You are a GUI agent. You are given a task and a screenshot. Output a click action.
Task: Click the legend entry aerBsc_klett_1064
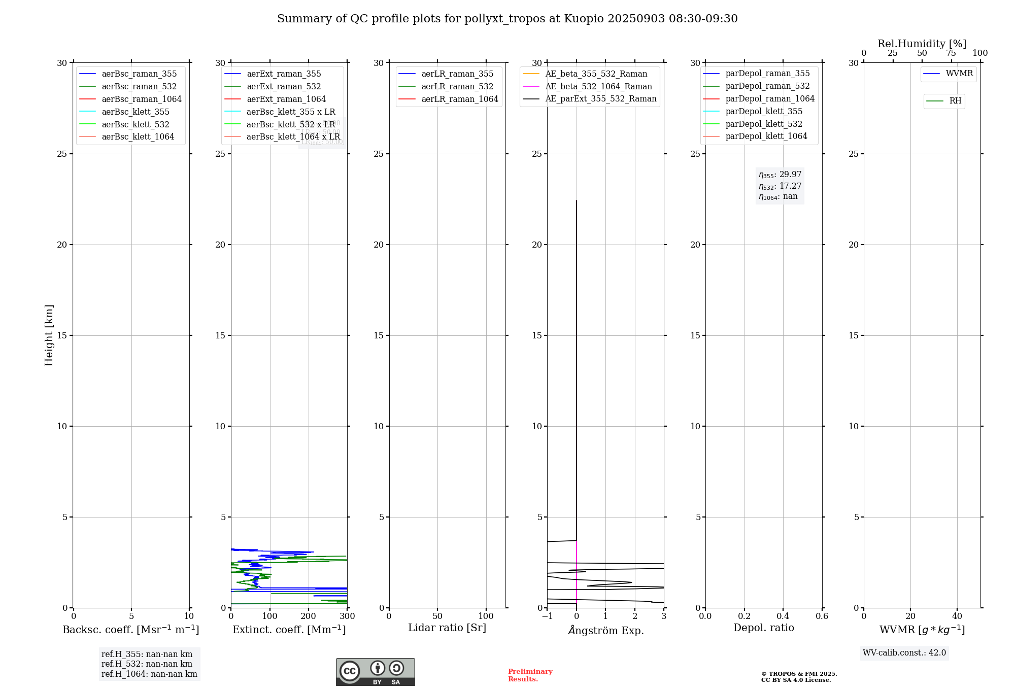(138, 137)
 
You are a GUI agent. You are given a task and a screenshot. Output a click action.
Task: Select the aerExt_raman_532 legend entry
(284, 87)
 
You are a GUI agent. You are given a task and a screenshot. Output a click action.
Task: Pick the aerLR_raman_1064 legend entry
(459, 99)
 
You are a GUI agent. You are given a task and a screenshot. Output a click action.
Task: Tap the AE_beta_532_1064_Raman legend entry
(598, 87)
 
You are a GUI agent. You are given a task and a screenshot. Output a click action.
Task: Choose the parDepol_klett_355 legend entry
(764, 112)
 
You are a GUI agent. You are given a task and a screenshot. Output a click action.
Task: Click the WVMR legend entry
(959, 74)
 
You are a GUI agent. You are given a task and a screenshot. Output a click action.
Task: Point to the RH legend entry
(955, 101)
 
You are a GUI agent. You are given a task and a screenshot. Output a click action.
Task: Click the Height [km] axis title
(49, 335)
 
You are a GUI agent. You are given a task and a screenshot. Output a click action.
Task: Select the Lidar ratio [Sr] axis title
(447, 628)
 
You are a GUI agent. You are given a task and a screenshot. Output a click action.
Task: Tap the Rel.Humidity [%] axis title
(922, 44)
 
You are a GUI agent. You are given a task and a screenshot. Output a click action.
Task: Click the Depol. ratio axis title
(763, 628)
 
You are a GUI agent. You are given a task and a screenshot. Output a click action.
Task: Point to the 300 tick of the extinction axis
(347, 616)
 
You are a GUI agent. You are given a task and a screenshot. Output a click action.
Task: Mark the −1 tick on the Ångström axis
(547, 616)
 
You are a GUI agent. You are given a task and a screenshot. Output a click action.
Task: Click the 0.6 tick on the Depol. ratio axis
(822, 616)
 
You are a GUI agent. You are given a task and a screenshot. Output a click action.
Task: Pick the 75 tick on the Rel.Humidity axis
(951, 53)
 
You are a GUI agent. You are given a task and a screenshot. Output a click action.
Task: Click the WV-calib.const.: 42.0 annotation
(904, 653)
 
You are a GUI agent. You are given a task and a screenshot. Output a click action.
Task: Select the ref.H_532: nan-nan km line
(147, 664)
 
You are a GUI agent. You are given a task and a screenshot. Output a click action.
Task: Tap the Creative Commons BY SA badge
(375, 672)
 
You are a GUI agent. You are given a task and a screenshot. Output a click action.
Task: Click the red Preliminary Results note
(530, 675)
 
